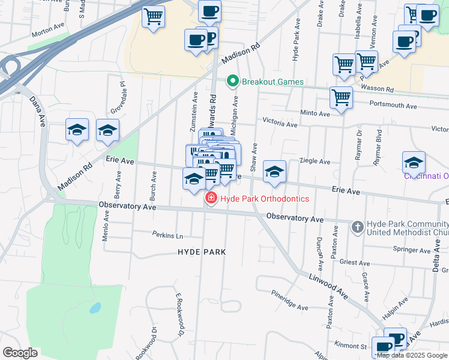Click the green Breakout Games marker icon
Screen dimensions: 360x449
[232, 81]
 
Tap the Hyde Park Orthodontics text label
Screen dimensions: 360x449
[265, 199]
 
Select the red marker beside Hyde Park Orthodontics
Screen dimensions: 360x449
[211, 199]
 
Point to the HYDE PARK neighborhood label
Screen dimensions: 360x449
[202, 252]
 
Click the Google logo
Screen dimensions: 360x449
[20, 353]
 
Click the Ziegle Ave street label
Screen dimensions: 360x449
[315, 161]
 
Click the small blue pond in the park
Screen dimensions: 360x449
[94, 308]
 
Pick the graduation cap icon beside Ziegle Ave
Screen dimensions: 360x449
[274, 171]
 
